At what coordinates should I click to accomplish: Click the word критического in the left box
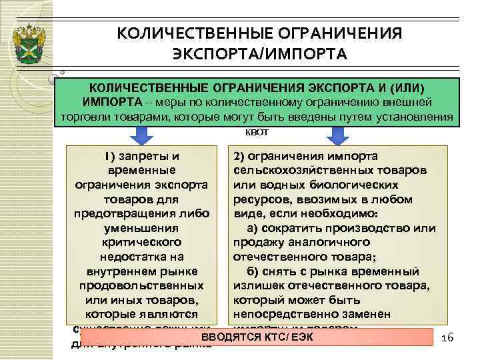(x=142, y=242)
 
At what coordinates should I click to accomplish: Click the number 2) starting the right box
(x=239, y=157)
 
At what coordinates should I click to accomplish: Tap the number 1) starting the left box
(x=108, y=157)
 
